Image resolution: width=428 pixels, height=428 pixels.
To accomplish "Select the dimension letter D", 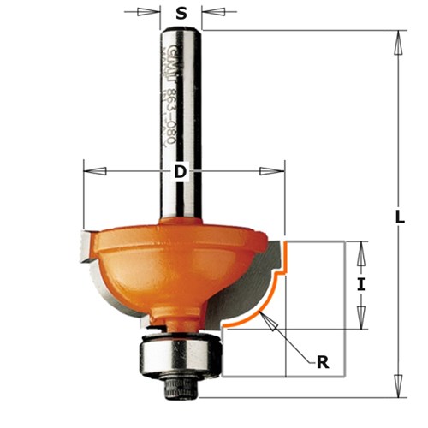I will [x=181, y=172].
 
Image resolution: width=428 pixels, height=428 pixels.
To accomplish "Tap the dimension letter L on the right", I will [x=400, y=217].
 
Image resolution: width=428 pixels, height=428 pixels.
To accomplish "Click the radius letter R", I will [x=323, y=362].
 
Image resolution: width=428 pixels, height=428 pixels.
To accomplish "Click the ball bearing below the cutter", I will [x=181, y=357].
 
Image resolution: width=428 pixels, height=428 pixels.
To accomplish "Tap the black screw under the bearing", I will [x=181, y=389].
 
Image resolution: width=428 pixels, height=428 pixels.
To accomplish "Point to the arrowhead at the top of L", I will [x=400, y=36].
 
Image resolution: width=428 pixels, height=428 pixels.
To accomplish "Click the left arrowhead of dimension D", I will [x=89, y=172].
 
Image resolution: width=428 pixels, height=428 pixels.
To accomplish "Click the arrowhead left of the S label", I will [x=157, y=12].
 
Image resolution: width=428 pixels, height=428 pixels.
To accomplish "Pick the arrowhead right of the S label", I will [x=205, y=12].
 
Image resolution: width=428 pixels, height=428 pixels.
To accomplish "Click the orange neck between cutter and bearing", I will [x=181, y=317].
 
